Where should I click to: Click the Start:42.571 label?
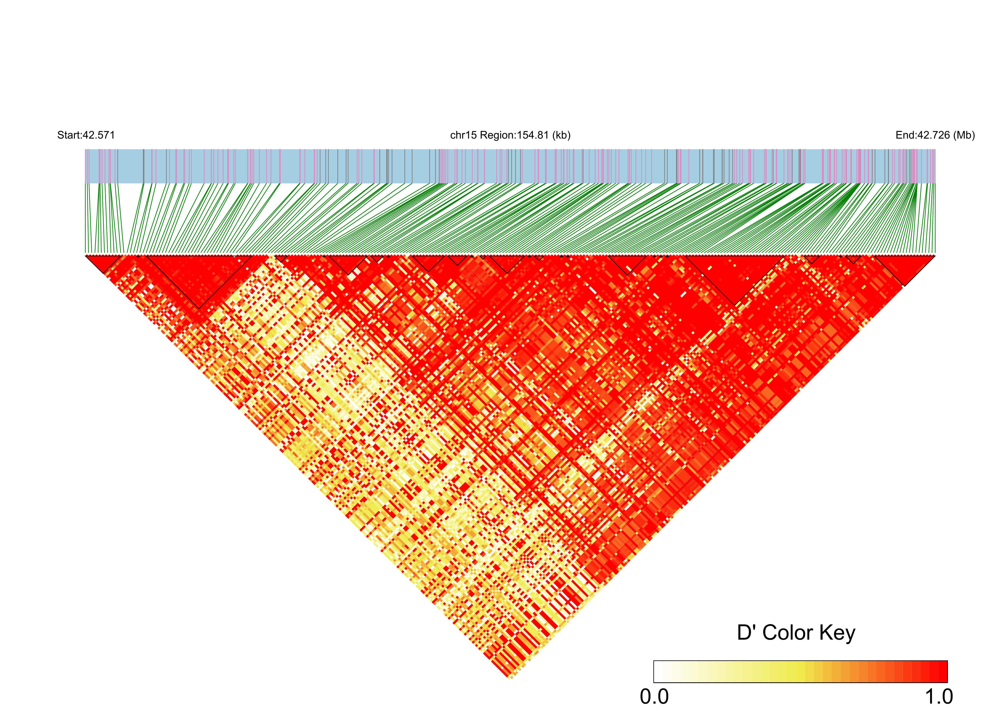86,135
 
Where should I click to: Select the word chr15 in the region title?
464,135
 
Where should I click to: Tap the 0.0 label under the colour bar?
654,697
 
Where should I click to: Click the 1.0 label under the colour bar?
939,697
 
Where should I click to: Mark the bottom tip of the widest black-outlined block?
199,308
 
